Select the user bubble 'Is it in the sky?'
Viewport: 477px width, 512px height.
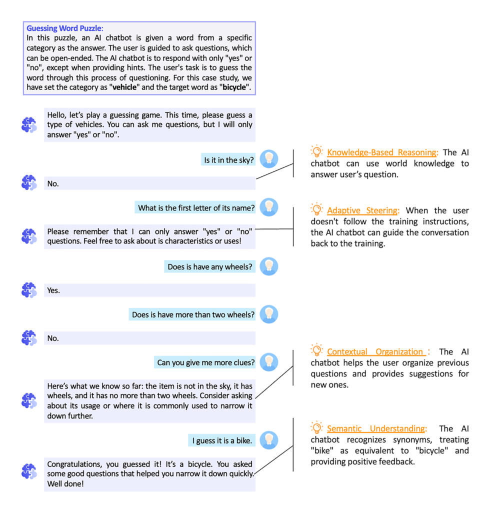pos(228,160)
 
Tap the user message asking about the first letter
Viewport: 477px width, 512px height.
pos(196,207)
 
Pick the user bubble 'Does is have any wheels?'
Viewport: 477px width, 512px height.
pos(209,266)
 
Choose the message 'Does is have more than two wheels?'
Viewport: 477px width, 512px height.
pos(193,314)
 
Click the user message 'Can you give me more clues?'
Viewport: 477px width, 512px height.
pos(205,362)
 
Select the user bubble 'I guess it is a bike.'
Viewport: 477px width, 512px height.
pos(222,440)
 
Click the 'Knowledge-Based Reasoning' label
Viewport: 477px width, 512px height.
pos(382,152)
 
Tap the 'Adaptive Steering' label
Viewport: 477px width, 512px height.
pos(362,210)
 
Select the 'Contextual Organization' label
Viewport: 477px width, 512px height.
pos(375,351)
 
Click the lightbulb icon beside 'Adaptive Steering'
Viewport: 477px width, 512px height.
pos(316,209)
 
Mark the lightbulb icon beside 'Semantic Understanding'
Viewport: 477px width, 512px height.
pos(316,427)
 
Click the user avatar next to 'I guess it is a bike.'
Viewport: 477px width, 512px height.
pos(269,440)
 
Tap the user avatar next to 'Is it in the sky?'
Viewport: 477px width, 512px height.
pos(269,159)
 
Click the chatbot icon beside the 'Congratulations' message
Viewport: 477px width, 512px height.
pos(29,471)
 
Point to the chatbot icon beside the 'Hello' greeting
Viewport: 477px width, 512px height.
pos(29,125)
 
